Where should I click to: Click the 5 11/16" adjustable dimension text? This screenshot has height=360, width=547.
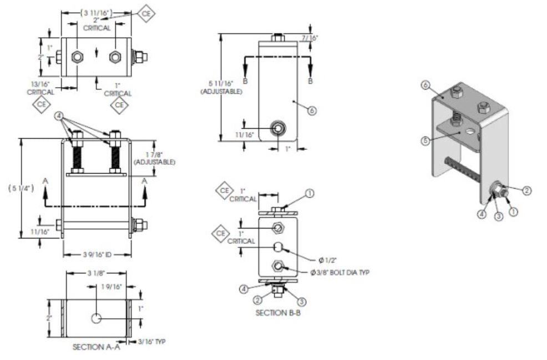click(x=221, y=87)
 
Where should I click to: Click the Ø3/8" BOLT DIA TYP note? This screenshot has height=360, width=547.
click(x=340, y=272)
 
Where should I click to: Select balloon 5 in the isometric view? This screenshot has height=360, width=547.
click(x=424, y=140)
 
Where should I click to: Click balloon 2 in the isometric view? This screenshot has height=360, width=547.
click(x=527, y=190)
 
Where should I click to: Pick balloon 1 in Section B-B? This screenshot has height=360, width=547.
click(x=310, y=194)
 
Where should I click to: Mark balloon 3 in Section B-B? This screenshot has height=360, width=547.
click(x=301, y=302)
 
